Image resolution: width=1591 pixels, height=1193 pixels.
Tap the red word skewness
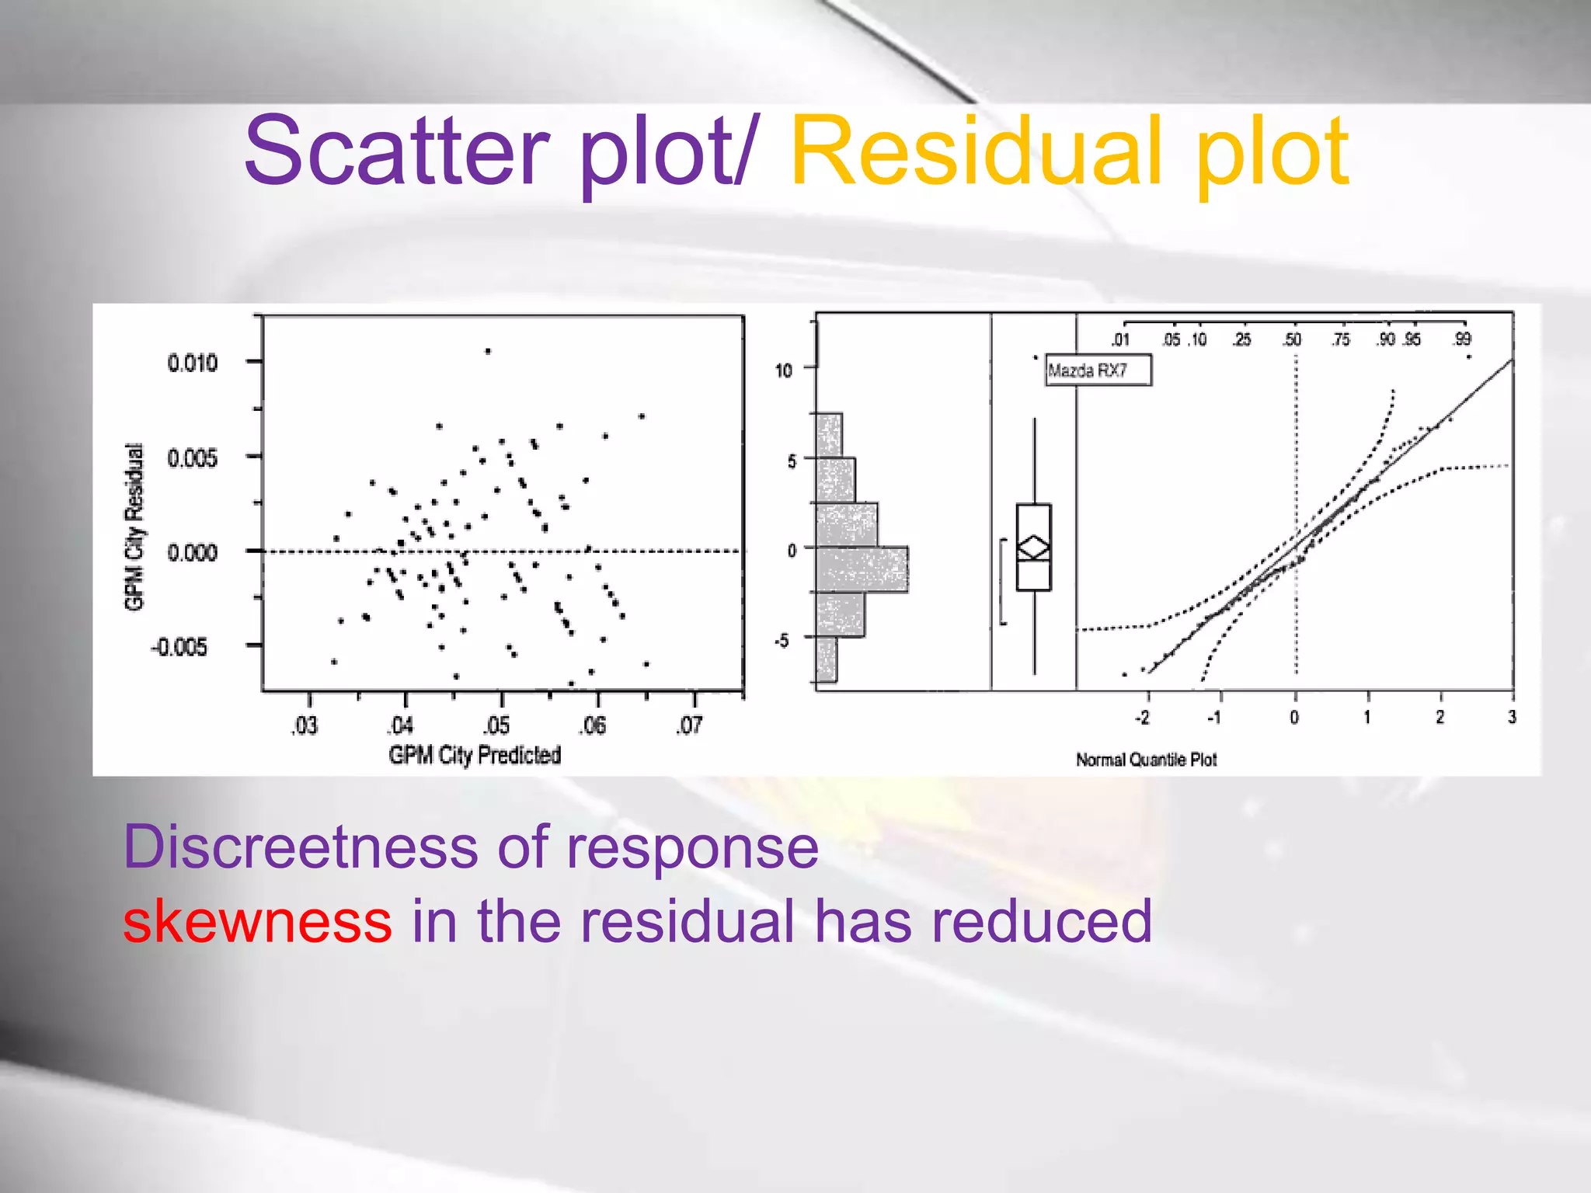point(257,921)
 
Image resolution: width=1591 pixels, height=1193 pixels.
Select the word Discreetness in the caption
point(300,847)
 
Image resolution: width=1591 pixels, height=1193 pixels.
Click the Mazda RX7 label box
point(1097,370)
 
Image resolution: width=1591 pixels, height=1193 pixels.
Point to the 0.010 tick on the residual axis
point(192,363)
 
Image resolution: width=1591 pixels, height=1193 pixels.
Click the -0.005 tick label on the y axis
point(180,647)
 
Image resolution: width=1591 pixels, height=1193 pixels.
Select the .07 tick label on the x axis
point(689,725)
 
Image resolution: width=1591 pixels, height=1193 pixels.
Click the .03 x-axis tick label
point(305,725)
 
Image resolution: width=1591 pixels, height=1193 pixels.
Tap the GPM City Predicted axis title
point(475,755)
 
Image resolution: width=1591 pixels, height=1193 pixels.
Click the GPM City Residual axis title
point(134,527)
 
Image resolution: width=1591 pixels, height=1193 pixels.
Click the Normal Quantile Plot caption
point(1146,760)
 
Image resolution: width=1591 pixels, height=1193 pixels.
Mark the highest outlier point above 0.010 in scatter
point(488,351)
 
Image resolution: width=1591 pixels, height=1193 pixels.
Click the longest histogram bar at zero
point(862,569)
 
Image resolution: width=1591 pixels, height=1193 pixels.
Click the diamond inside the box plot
point(1034,548)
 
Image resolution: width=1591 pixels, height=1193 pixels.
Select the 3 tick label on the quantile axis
point(1512,717)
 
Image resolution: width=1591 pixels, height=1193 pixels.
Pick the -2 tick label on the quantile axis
point(1143,718)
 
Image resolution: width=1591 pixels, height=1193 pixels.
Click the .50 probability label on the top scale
point(1292,339)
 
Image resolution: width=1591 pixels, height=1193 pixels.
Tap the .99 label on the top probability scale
point(1462,339)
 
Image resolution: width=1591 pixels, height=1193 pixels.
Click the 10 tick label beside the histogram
point(783,370)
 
